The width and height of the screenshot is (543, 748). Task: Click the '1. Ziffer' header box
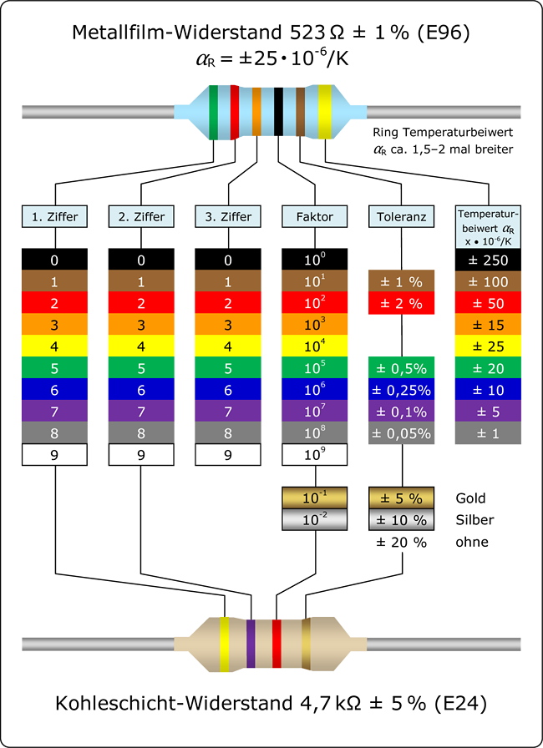pyautogui.click(x=55, y=216)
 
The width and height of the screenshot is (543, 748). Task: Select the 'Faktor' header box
pyautogui.click(x=315, y=216)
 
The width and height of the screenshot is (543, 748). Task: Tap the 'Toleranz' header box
pyautogui.click(x=402, y=216)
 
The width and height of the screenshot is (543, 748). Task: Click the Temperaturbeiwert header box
pyautogui.click(x=489, y=225)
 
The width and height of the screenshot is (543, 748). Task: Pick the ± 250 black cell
pyautogui.click(x=489, y=260)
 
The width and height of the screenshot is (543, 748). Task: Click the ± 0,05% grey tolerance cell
pyautogui.click(x=402, y=433)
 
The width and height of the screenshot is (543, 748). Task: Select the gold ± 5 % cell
pyautogui.click(x=402, y=498)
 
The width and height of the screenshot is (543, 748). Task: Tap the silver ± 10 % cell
pyautogui.click(x=402, y=520)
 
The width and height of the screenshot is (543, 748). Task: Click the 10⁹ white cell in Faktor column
pyautogui.click(x=315, y=455)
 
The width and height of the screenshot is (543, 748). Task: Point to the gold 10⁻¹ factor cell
pyautogui.click(x=315, y=498)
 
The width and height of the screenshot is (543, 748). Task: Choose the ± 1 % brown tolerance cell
pyautogui.click(x=402, y=281)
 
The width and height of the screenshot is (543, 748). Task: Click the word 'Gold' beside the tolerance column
pyautogui.click(x=470, y=498)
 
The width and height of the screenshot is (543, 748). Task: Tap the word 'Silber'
pyautogui.click(x=474, y=520)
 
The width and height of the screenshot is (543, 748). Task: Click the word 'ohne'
pyautogui.click(x=472, y=542)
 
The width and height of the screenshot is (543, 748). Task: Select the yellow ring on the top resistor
pyautogui.click(x=324, y=111)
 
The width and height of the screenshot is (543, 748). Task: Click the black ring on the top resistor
pyautogui.click(x=278, y=111)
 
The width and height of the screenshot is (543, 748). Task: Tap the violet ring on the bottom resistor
pyautogui.click(x=251, y=645)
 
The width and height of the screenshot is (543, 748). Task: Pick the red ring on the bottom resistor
pyautogui.click(x=277, y=645)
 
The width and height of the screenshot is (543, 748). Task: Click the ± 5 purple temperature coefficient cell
pyautogui.click(x=489, y=412)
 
